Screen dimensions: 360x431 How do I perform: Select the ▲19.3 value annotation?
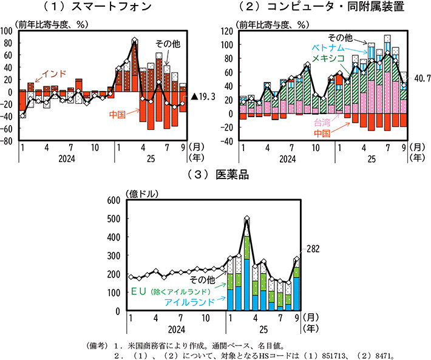tap(204, 96)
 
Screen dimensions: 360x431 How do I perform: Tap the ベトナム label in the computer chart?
tap(329, 47)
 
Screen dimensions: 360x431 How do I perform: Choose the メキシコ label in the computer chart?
tap(329, 58)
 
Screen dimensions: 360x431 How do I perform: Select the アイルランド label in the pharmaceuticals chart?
tap(189, 302)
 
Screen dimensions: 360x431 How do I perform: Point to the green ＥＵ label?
tap(140, 291)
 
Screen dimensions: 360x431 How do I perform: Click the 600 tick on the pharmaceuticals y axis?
tap(114, 201)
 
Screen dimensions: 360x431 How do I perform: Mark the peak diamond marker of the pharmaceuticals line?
tap(246, 219)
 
